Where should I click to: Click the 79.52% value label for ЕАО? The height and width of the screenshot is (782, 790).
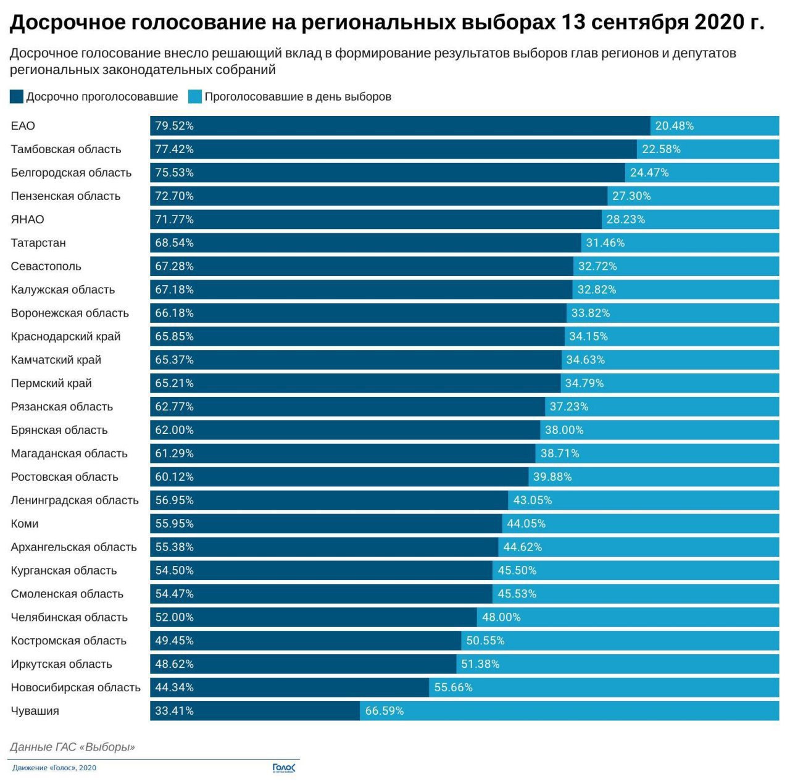[x=174, y=126]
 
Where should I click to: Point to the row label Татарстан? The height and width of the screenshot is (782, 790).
[x=38, y=243]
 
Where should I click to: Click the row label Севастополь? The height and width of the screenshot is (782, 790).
[x=46, y=267]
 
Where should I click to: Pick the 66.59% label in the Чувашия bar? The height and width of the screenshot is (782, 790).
[x=385, y=711]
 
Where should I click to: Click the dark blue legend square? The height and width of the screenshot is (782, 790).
[x=17, y=97]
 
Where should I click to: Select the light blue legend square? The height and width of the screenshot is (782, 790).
[x=195, y=97]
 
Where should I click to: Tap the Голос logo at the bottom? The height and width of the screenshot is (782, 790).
[x=284, y=768]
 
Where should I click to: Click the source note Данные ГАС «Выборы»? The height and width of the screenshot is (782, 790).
[x=72, y=747]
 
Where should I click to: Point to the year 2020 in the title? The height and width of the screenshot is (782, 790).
[x=719, y=23]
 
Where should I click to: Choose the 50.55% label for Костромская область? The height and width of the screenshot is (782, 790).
[x=485, y=641]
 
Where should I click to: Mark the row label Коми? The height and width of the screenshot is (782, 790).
[x=25, y=524]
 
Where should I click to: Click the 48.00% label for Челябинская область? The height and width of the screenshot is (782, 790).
[x=501, y=617]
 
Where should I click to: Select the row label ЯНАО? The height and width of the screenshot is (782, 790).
[x=27, y=220]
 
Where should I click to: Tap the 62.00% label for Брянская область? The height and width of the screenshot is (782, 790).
[x=174, y=430]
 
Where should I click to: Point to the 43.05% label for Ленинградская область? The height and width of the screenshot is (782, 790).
[x=532, y=501]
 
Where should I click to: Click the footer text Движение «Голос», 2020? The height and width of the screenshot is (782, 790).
[x=54, y=768]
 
